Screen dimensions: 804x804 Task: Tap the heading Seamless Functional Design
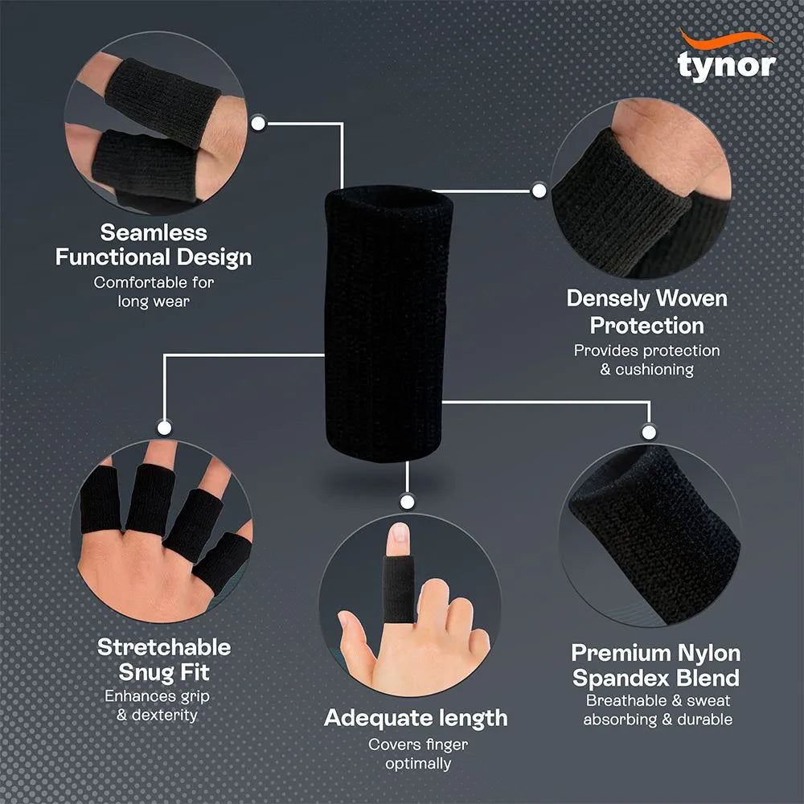(153, 245)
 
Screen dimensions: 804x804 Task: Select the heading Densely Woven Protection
(646, 312)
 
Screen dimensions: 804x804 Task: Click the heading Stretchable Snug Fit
(164, 659)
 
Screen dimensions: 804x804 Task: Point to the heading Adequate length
(416, 718)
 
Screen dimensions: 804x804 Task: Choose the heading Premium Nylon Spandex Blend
(656, 665)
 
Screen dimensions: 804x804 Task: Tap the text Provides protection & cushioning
(646, 360)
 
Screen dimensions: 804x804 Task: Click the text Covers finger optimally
(418, 754)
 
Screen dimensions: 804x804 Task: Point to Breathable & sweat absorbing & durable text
(658, 711)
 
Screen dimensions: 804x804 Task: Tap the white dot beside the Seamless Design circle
(259, 123)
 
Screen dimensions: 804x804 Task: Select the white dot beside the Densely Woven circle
(539, 191)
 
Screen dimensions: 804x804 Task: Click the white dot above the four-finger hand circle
(163, 428)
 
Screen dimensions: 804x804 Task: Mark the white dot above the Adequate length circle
(407, 503)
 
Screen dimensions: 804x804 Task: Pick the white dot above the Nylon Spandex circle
(649, 431)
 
